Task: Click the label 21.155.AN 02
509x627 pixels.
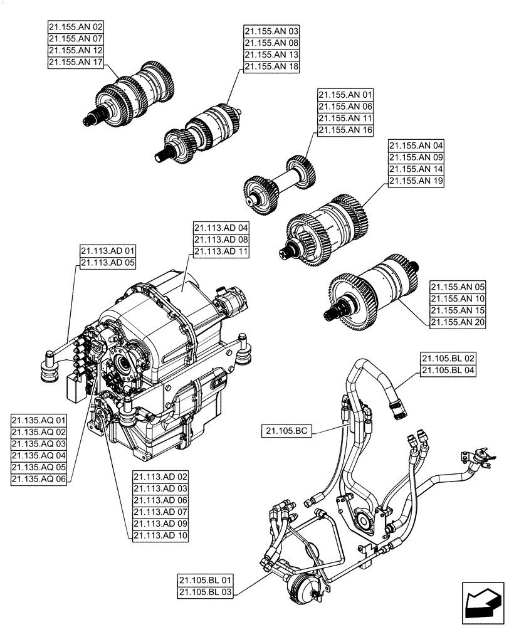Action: point(76,27)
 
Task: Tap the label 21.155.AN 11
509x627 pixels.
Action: point(345,119)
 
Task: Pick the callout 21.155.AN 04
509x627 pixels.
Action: point(416,145)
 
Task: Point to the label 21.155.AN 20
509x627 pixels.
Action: point(458,322)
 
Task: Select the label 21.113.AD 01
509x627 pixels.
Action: point(108,251)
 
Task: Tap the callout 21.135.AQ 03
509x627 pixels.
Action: point(39,443)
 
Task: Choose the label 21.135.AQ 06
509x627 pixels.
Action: point(39,479)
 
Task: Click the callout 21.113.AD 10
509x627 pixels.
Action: point(160,535)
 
